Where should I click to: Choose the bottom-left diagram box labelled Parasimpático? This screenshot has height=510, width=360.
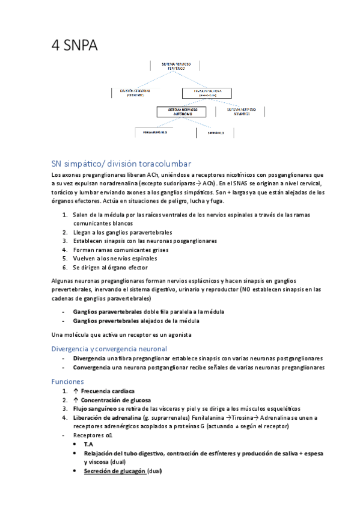(151, 131)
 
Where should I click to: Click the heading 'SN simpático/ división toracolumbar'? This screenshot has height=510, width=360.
(121, 163)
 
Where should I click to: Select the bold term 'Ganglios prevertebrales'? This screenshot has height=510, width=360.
(107, 321)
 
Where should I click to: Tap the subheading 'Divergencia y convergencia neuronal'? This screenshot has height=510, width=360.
(109, 348)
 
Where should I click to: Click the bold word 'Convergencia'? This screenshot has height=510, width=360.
(94, 367)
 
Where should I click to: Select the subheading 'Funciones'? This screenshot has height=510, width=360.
(67, 381)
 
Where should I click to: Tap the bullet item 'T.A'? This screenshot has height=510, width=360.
(88, 444)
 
